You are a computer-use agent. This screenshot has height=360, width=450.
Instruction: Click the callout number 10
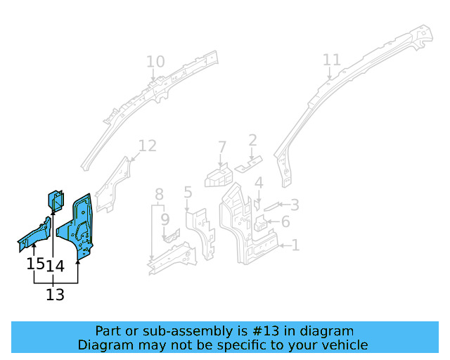(x=155, y=62)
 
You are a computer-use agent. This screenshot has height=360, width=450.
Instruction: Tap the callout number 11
(x=331, y=60)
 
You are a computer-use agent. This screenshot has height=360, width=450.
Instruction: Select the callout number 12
(x=147, y=146)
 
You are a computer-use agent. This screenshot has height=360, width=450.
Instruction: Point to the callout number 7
(x=222, y=148)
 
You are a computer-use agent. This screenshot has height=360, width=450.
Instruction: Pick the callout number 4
(x=259, y=184)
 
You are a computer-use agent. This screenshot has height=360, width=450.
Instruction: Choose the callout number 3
(x=295, y=205)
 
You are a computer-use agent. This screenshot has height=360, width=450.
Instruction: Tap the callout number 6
(x=285, y=222)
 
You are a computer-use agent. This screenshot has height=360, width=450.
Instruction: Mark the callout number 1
(x=295, y=245)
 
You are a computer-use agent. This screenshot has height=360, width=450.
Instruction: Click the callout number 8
(x=160, y=194)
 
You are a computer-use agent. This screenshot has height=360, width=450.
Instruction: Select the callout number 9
(x=165, y=219)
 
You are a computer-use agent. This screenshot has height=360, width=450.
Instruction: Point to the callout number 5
(x=188, y=192)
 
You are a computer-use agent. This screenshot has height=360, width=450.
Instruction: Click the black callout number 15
(x=35, y=264)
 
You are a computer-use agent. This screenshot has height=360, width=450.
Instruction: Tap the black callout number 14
(x=56, y=266)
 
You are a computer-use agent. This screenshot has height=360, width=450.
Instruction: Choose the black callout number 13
(x=55, y=295)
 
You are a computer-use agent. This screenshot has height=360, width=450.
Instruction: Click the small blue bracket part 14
(x=56, y=200)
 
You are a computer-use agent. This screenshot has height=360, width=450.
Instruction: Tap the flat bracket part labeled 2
(x=246, y=167)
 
